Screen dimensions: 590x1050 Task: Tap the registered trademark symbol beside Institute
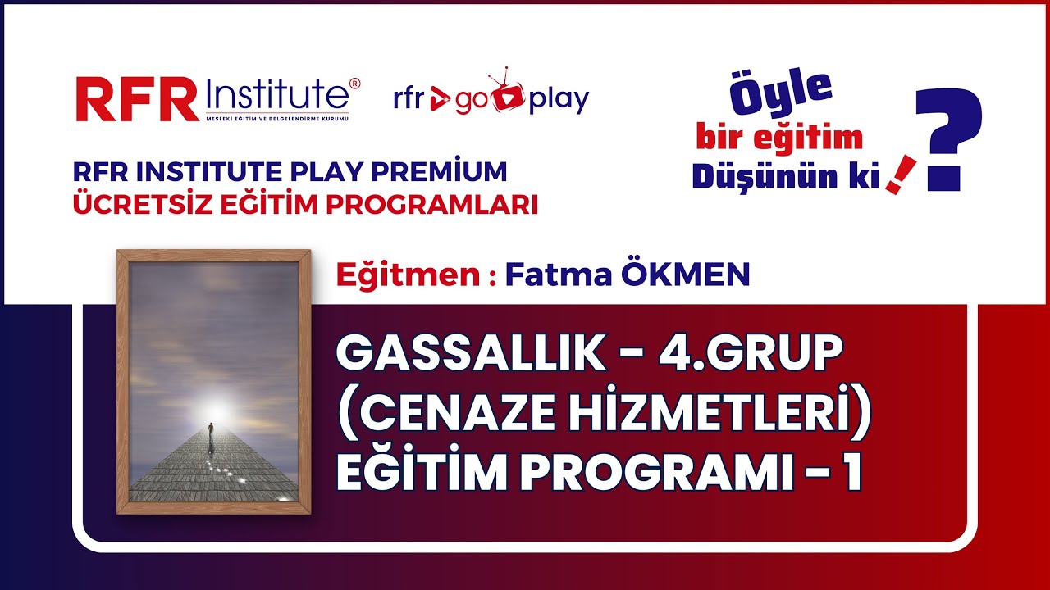coord(354,83)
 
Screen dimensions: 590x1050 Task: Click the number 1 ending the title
coord(852,473)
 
